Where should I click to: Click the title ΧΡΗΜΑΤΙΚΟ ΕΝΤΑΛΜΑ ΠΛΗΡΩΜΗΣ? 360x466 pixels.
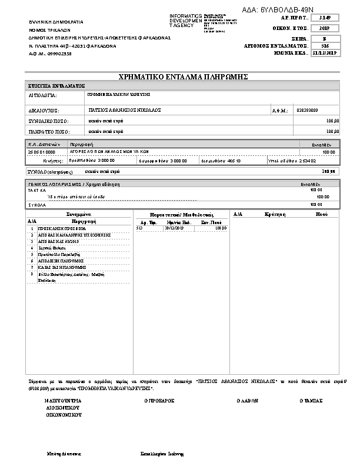183,77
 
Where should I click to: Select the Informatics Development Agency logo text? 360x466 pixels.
185,21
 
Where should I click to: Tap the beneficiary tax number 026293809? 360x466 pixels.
308,110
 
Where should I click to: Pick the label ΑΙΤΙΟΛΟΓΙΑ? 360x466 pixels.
43,94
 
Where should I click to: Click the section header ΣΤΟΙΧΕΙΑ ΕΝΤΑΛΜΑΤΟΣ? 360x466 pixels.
56,86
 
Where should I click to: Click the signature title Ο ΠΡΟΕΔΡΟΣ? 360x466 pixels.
160,400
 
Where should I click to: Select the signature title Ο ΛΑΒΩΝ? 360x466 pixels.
246,400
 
